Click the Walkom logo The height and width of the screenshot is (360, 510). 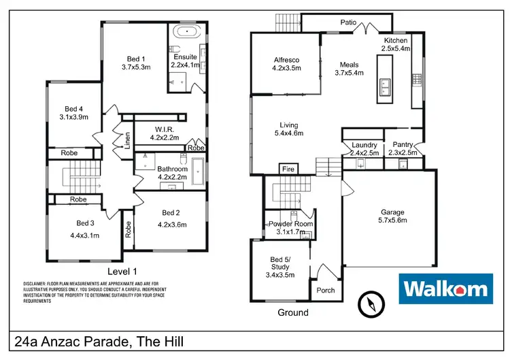coord(446,289)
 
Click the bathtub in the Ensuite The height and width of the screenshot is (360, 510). coord(184,31)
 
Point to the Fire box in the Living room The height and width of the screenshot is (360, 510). coord(288,168)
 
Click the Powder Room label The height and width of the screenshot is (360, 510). coord(290,224)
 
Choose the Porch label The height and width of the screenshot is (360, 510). coord(326,290)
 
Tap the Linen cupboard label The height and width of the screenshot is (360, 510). coord(127,140)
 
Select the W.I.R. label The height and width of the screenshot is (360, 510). coord(164,128)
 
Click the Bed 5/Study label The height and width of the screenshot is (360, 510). coord(279,263)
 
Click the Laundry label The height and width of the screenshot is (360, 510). coord(364,144)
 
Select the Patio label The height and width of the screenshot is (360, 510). coord(349,22)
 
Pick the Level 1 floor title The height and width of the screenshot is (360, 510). coord(122,271)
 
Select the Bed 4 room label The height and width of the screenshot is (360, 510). coord(75,109)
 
